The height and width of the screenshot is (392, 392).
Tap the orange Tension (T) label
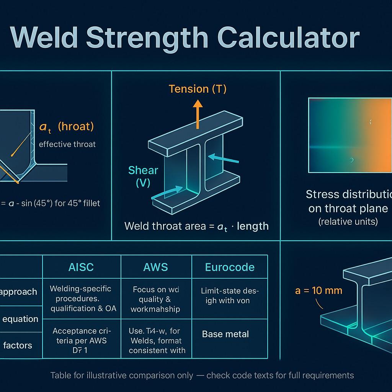(x=198, y=89)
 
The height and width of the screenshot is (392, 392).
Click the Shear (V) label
(x=143, y=176)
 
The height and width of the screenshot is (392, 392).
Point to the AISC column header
(x=81, y=267)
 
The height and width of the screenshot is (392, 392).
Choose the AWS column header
(x=156, y=267)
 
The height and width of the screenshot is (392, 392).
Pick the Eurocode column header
(x=230, y=267)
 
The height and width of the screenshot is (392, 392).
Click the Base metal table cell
(x=225, y=334)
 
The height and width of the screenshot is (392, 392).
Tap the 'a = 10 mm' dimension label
(x=318, y=290)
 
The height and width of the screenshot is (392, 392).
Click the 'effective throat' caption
(x=67, y=144)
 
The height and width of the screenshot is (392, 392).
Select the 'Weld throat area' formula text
(x=196, y=226)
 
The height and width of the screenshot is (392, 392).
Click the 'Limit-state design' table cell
(x=230, y=296)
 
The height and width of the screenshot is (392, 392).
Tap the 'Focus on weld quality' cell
(x=155, y=299)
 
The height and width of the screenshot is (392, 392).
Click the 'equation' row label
(x=20, y=319)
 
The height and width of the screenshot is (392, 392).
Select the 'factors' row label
(x=18, y=345)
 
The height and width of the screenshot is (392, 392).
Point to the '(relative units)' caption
(x=348, y=221)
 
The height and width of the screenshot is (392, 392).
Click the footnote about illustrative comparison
(x=202, y=375)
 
